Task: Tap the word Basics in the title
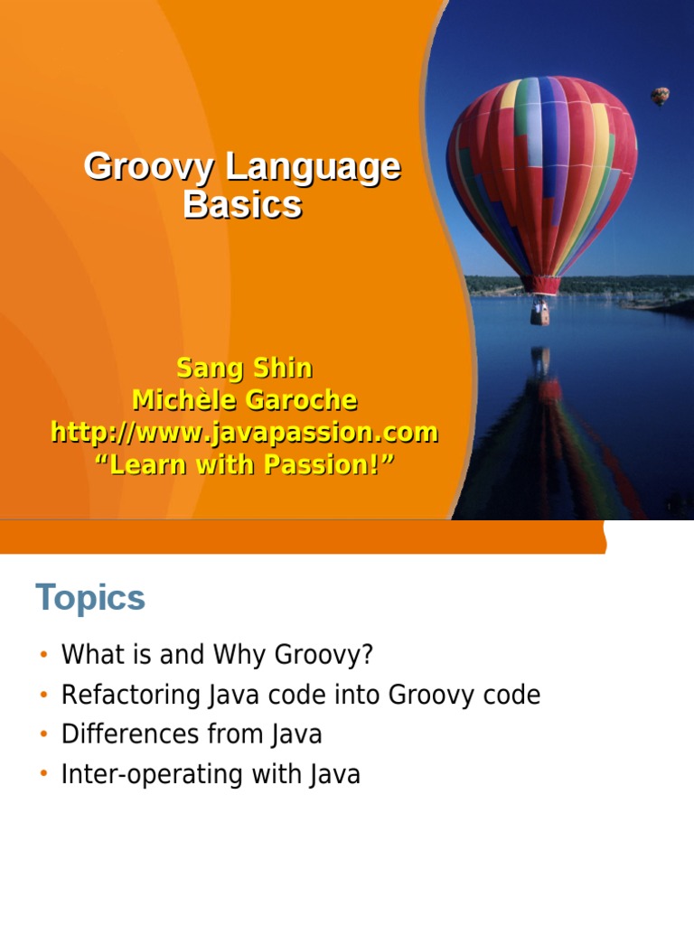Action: pyautogui.click(x=242, y=205)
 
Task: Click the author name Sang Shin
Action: pyautogui.click(x=244, y=369)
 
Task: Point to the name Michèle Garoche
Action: pyautogui.click(x=244, y=400)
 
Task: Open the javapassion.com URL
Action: pyautogui.click(x=244, y=433)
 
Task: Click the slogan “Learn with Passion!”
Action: pyautogui.click(x=244, y=465)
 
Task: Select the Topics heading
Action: pyautogui.click(x=90, y=598)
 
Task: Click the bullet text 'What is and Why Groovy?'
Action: pyautogui.click(x=216, y=655)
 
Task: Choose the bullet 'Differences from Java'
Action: pyautogui.click(x=192, y=734)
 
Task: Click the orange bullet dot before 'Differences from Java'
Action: pyautogui.click(x=42, y=735)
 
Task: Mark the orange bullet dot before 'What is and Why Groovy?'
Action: pyautogui.click(x=42, y=656)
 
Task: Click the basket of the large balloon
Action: pyautogui.click(x=539, y=312)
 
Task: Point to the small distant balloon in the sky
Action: pyautogui.click(x=661, y=95)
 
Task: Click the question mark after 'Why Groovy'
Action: pyautogui.click(x=366, y=655)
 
